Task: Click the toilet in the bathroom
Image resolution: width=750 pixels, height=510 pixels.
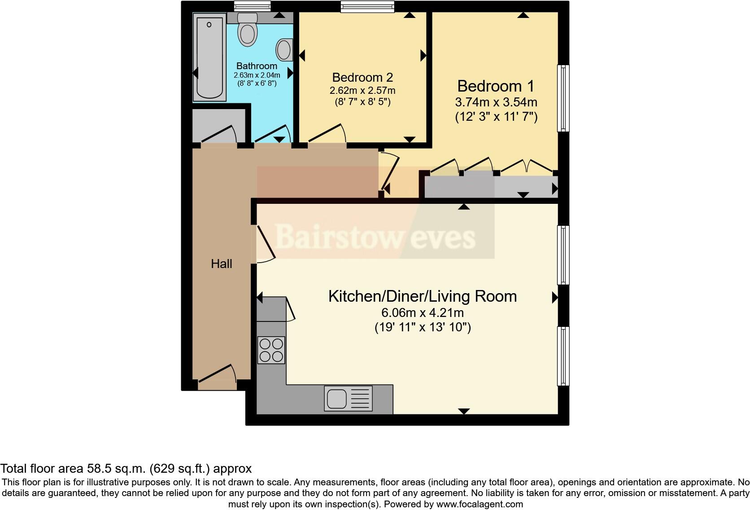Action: coord(247,30)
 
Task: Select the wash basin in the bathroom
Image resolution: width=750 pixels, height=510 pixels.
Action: coord(284,49)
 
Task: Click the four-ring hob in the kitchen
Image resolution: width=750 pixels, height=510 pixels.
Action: coord(271,350)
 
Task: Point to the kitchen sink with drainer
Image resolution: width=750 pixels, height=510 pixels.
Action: coord(348,399)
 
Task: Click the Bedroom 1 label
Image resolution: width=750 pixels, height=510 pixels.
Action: coord(496,86)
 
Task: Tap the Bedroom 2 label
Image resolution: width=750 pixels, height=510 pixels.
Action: coord(362,77)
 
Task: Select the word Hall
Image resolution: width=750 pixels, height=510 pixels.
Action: coord(222,264)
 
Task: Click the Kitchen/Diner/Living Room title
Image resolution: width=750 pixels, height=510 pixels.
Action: coord(422,296)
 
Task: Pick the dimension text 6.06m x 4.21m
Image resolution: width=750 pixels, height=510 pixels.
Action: coord(422,312)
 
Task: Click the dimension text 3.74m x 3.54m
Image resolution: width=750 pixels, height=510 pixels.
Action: coord(496,102)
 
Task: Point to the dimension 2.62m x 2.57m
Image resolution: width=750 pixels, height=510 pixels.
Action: coord(362,90)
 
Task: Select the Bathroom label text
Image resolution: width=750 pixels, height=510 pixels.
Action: coord(257,66)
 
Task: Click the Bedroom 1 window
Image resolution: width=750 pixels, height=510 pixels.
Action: coord(563,98)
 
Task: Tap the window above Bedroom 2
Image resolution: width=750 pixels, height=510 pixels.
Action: coord(367,5)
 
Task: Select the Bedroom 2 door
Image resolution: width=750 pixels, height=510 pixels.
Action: coord(327,135)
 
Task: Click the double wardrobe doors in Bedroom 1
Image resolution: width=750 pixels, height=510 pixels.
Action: coord(527,166)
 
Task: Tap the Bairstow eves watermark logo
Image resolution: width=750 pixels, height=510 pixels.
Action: coord(375,237)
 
